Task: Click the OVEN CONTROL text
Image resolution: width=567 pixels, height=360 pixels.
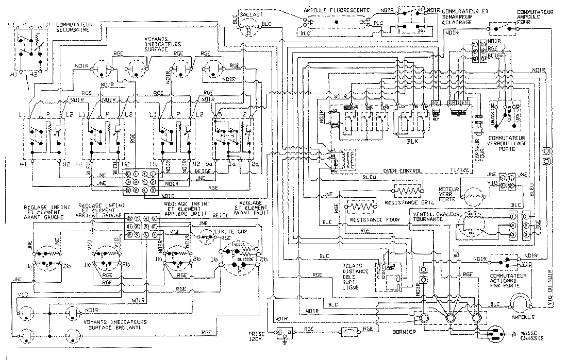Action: click(x=404, y=171)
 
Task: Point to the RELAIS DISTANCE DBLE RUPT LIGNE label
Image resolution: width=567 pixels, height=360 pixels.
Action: click(x=355, y=279)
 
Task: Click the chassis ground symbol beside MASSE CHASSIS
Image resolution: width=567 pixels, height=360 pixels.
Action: click(x=498, y=333)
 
